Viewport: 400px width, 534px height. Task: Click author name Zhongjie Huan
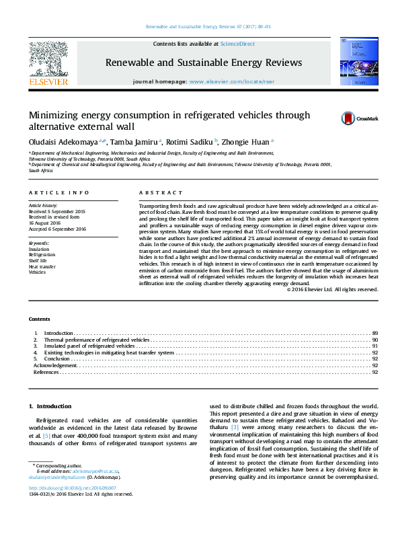(247, 142)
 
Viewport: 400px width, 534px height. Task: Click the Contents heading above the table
(39, 319)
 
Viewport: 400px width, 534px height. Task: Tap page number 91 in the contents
(375, 346)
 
